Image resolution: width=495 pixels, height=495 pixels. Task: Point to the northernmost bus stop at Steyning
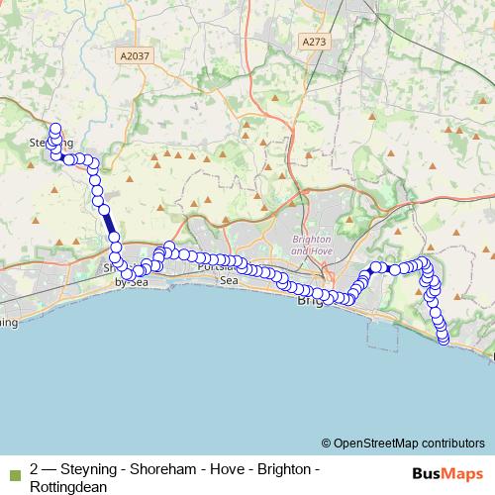pos(55,128)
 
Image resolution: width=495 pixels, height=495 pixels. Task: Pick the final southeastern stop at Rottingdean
pos(443,339)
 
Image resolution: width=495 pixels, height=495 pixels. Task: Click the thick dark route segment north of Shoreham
pos(108,223)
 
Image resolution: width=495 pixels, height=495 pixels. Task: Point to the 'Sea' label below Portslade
pos(229,281)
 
